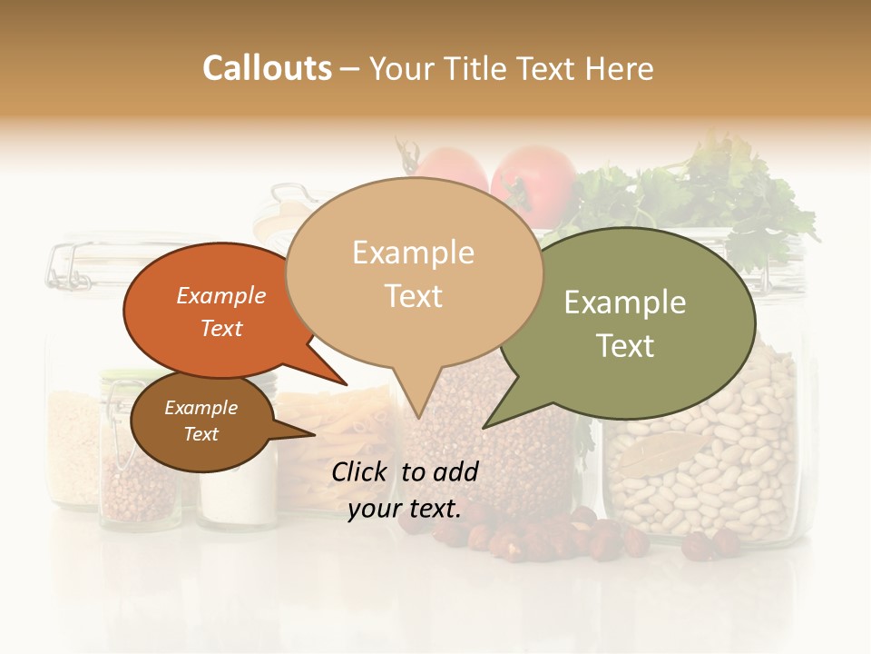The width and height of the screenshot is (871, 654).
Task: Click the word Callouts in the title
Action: coord(267,68)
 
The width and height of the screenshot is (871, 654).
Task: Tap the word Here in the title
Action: coord(621,68)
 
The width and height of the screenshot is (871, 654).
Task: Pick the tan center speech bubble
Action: coord(413,272)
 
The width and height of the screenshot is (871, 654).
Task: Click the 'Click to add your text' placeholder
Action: coord(405,490)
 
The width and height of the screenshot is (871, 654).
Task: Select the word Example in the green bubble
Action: coord(624,302)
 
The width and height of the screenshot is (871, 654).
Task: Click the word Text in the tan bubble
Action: coord(414,295)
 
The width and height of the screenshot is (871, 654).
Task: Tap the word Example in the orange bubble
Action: coord(220,295)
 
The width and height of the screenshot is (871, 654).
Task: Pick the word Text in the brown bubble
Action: coord(201,434)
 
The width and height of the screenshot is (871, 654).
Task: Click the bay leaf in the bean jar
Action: coord(658,454)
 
